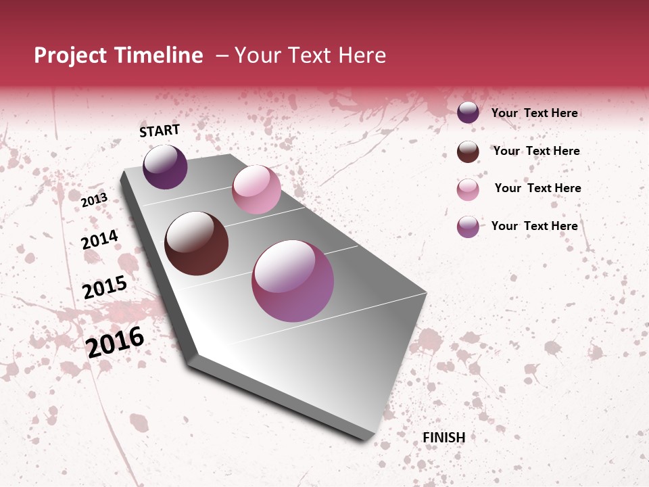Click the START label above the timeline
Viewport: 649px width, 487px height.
pyautogui.click(x=160, y=131)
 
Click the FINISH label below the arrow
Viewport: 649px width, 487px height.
pyautogui.click(x=443, y=438)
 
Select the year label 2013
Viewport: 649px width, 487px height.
pyautogui.click(x=94, y=200)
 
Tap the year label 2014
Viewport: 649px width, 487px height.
pyautogui.click(x=99, y=240)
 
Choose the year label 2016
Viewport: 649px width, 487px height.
pyautogui.click(x=115, y=342)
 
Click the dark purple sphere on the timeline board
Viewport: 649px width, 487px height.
pyautogui.click(x=165, y=167)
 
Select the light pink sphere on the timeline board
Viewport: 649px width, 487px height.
pyautogui.click(x=256, y=189)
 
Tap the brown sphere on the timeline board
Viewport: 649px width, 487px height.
pyautogui.click(x=197, y=243)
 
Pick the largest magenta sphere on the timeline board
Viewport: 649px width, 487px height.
pyautogui.click(x=293, y=281)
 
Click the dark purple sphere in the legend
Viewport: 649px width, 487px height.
pyautogui.click(x=468, y=112)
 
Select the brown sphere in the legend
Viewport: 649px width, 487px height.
pyautogui.click(x=468, y=152)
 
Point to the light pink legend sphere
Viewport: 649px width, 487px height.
pyautogui.click(x=468, y=189)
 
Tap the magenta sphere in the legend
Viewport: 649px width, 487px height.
pyautogui.click(x=468, y=227)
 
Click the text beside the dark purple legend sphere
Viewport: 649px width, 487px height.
pyautogui.click(x=534, y=113)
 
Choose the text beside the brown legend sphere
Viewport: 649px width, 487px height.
pyautogui.click(x=536, y=151)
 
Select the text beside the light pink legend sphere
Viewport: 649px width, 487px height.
pyautogui.click(x=537, y=188)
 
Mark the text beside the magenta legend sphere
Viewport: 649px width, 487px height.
pyautogui.click(x=534, y=226)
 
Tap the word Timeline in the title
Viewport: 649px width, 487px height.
pyautogui.click(x=159, y=55)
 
